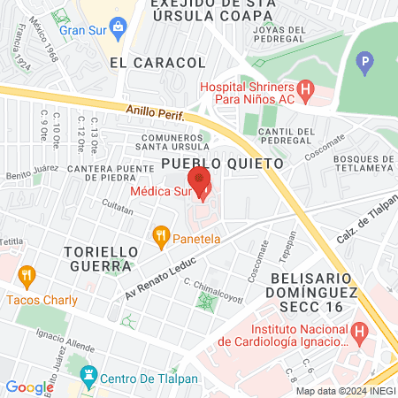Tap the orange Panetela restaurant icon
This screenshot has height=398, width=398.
160,235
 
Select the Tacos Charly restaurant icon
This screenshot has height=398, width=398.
26,276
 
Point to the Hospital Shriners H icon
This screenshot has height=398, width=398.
306,88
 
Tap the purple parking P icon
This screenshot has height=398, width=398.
364,64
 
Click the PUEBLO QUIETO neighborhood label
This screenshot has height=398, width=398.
222,164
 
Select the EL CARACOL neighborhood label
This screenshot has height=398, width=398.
158,63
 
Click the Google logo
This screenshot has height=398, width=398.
29,387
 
